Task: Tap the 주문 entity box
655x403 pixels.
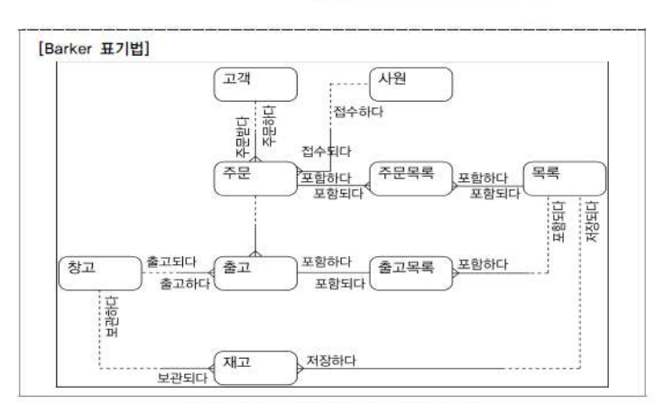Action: [x=255, y=176]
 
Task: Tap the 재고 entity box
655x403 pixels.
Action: [x=255, y=364]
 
